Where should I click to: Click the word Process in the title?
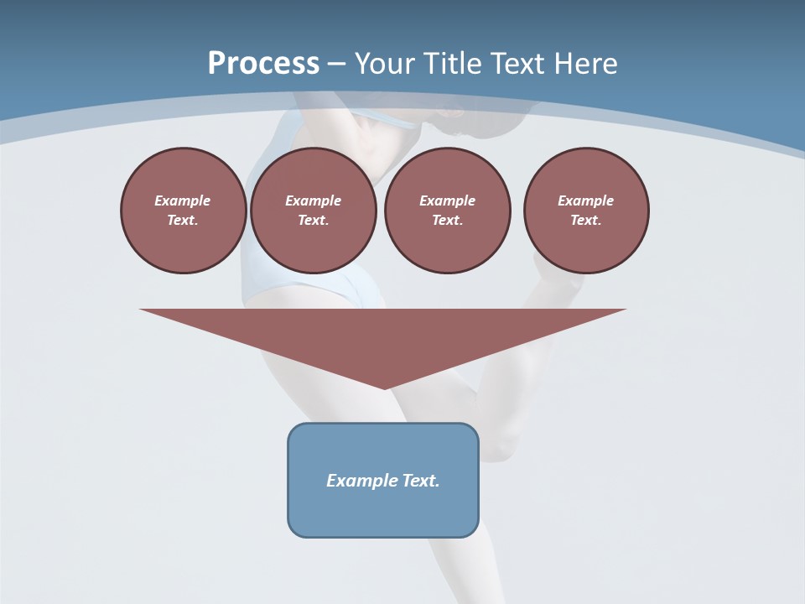click(x=263, y=63)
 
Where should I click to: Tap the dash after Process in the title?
click(x=336, y=64)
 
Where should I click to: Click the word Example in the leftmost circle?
click(x=183, y=200)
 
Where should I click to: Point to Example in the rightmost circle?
click(x=586, y=200)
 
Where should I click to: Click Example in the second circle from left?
click(x=313, y=200)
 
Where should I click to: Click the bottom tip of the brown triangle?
click(x=384, y=387)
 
